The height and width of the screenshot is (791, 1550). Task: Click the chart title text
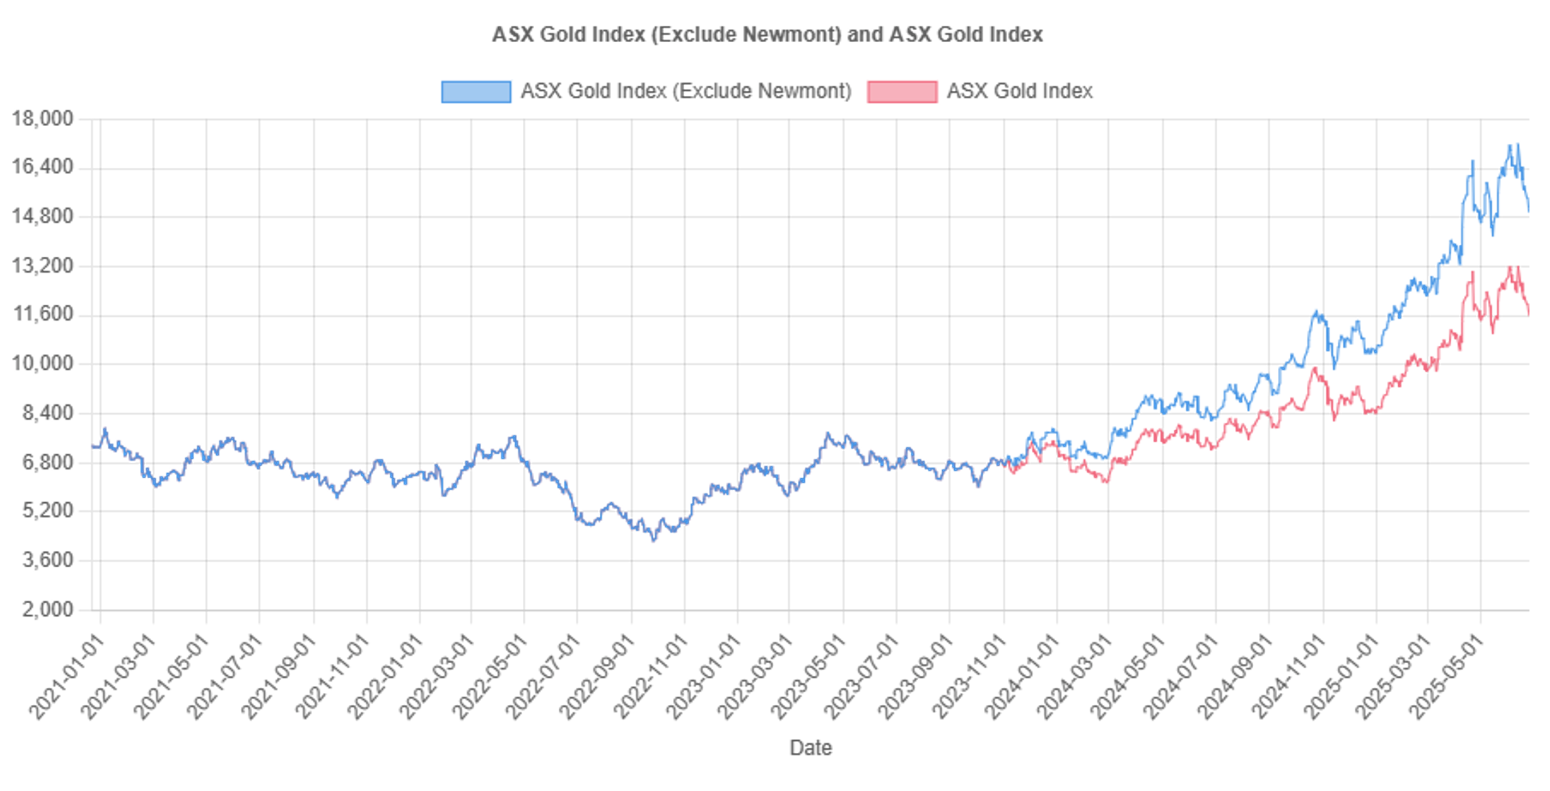767,34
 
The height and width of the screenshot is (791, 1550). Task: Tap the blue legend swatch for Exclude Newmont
476,91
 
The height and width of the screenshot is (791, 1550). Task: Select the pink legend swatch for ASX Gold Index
901,91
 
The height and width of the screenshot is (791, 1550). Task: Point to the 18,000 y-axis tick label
42,119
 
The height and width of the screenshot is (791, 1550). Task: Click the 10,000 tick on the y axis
42,364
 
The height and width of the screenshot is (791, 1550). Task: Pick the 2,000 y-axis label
47,610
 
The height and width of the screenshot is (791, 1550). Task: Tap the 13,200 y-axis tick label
42,265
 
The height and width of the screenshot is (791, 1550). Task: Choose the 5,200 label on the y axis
47,511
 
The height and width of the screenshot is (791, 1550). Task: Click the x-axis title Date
810,748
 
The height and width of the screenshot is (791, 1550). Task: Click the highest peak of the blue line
1517,144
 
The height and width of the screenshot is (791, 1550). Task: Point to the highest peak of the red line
1517,267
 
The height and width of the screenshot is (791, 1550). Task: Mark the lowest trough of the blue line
654,541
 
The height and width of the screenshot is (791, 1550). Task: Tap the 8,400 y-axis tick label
47,413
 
